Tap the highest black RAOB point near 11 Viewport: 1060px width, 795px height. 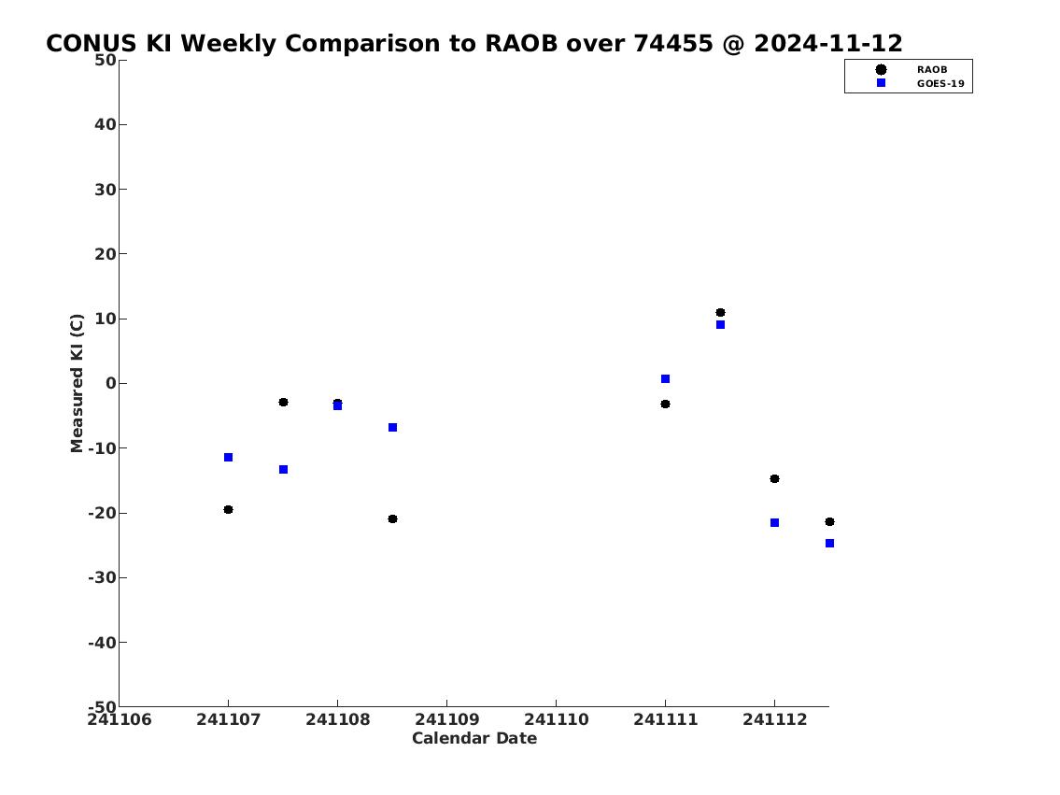coord(720,312)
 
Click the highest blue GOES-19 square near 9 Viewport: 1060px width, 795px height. coord(720,324)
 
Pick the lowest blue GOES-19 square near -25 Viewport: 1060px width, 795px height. coord(829,543)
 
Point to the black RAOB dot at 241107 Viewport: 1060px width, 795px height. coord(228,509)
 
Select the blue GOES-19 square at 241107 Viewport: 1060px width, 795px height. coord(228,457)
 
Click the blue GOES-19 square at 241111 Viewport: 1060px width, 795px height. coord(665,378)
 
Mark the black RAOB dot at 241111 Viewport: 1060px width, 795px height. coord(665,404)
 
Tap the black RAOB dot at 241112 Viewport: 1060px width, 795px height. coord(775,478)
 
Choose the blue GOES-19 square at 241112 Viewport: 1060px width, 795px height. coord(775,522)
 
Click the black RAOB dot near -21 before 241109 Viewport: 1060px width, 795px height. coord(392,518)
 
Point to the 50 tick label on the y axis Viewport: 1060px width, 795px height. coord(105,60)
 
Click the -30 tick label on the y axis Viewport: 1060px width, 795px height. coord(102,577)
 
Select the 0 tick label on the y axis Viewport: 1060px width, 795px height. coord(110,383)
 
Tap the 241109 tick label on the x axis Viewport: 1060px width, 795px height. coord(446,719)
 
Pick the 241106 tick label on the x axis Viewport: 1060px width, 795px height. coord(119,719)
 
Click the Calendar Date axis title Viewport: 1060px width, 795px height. coord(473,738)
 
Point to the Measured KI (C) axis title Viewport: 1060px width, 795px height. coord(77,383)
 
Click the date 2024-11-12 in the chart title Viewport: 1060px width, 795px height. coord(827,43)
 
